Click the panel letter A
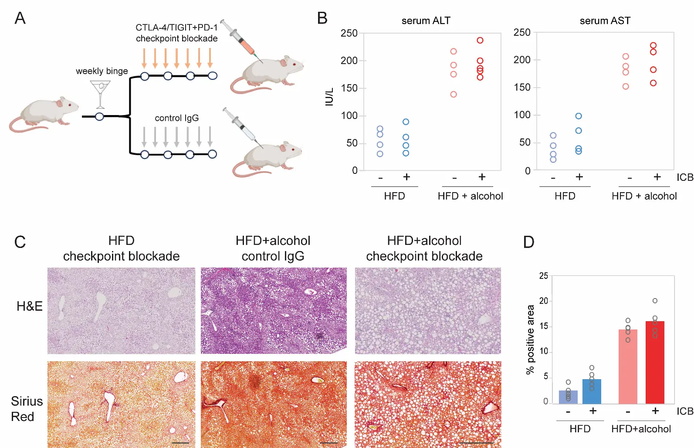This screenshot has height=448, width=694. click(20, 18)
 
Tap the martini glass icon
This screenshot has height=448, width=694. click(101, 94)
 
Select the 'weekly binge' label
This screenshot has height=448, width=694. click(102, 71)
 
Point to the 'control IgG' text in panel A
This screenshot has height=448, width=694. click(176, 118)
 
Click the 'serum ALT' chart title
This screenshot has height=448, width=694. click(426, 20)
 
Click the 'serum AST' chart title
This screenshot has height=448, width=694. click(605, 20)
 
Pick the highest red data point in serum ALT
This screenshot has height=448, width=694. click(480, 41)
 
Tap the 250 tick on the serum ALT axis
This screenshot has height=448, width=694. click(349, 33)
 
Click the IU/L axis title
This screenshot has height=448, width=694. click(329, 97)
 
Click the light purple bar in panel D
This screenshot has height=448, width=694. click(568, 397)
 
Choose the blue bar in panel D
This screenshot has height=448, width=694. click(592, 391)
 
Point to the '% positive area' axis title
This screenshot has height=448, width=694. click(530, 339)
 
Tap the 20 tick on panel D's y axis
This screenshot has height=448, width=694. click(543, 301)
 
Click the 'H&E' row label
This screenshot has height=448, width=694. click(29, 306)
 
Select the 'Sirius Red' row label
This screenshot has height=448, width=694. click(27, 409)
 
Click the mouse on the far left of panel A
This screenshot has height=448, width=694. click(44, 114)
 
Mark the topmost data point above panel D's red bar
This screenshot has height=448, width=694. click(655, 301)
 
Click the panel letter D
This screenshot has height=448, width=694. click(528, 242)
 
